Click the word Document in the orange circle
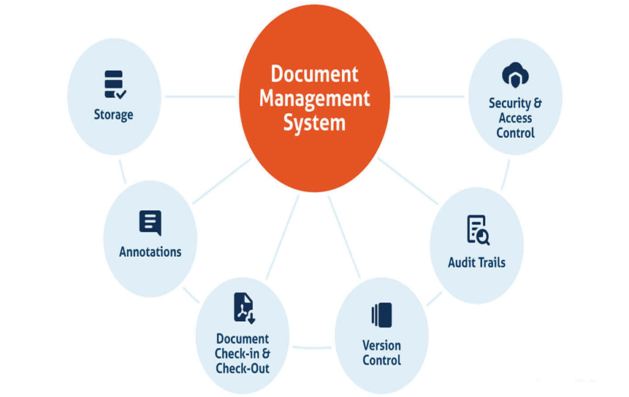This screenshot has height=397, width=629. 315,74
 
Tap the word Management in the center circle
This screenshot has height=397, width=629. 315,98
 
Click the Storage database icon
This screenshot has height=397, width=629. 115,84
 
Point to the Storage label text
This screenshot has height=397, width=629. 113,115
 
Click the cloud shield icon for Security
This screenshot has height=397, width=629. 516,75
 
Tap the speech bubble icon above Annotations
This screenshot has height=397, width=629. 150,223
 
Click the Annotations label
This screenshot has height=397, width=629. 150,252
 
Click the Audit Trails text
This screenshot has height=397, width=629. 476,262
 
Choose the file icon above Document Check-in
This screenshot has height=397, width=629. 243,307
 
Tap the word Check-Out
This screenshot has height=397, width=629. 243,368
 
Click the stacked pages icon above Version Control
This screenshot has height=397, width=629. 381,315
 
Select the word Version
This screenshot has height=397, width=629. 381,345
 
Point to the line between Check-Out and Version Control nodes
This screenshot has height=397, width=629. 312,347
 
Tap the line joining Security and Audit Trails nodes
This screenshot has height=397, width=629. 505,174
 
